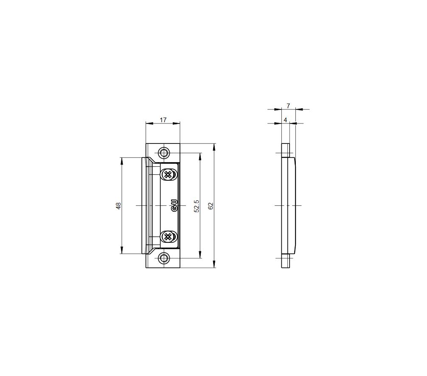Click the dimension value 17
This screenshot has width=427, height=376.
point(163,120)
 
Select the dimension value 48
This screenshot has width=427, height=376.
point(119,205)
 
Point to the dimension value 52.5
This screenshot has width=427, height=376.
point(196,205)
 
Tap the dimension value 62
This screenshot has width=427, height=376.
point(210,206)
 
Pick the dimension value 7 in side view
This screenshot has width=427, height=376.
point(288,105)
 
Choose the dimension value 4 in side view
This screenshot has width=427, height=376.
point(285,120)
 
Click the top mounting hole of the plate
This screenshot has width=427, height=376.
point(163,153)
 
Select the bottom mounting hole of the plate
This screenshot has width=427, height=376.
point(163,258)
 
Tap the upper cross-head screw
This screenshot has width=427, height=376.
point(169,174)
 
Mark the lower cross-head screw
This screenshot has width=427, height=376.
point(169,237)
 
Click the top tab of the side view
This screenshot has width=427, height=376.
point(286,150)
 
